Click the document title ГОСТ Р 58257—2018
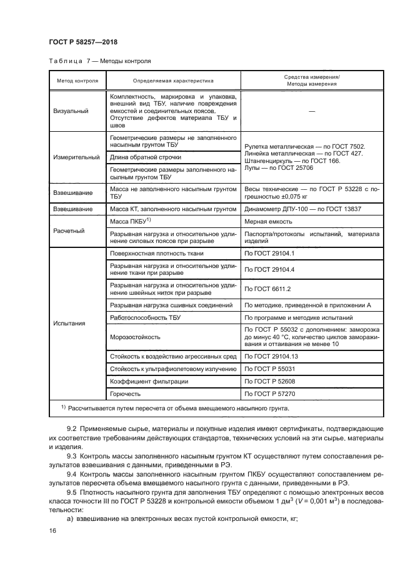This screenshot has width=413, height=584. pos(82,42)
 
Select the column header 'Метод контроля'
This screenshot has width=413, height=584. pos(77,81)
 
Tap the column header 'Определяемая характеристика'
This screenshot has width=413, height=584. pos(173,81)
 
